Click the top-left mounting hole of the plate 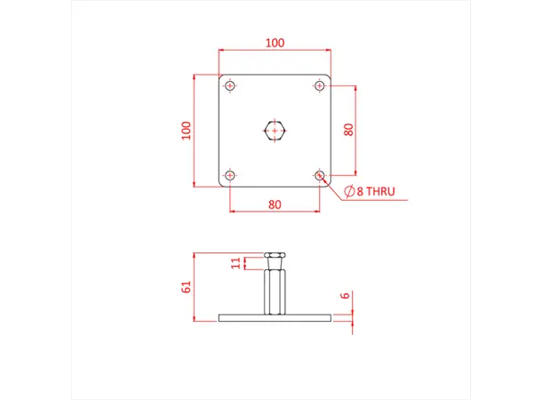231,86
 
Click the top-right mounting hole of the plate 320,86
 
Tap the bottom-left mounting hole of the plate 231,176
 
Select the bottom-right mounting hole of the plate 320,176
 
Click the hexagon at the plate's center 275,132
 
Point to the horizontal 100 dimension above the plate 275,43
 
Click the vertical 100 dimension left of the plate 186,131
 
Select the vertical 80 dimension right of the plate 349,129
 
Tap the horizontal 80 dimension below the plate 275,204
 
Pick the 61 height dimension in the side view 186,286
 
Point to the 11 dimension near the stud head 235,262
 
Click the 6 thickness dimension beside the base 344,296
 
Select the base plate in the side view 275,317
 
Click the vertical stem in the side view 275,292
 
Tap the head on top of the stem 275,260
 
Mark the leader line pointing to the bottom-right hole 332,187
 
